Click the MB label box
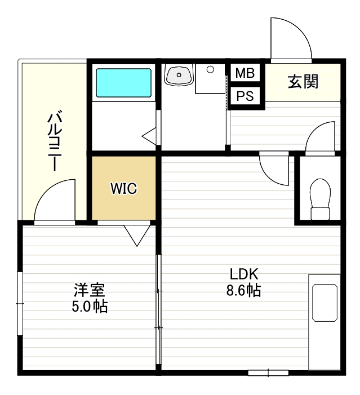click(x=245, y=73)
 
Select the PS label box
click(x=245, y=96)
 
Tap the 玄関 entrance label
click(x=303, y=82)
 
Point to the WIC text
click(x=123, y=189)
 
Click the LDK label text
click(x=243, y=275)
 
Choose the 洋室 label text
click(x=90, y=291)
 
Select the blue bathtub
click(x=123, y=83)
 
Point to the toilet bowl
click(x=320, y=194)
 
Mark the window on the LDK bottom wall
click(x=268, y=372)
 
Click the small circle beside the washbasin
click(x=210, y=70)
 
